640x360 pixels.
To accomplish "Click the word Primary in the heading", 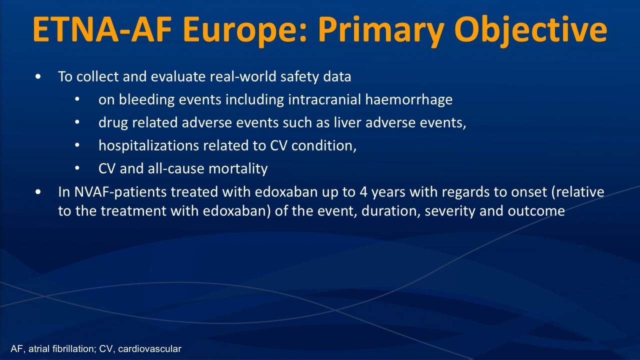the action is [381, 31].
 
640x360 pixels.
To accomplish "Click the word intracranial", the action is [324, 99].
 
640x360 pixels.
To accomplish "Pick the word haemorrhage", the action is [409, 100].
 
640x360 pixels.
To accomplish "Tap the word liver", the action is [347, 122].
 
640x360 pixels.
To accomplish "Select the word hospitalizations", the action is [148, 146].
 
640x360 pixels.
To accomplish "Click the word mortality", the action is [238, 169].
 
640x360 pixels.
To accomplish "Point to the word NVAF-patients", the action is [120, 192].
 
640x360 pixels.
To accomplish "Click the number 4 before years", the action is [363, 192].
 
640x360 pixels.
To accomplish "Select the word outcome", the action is [536, 211].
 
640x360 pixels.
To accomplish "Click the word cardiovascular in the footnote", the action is [149, 349].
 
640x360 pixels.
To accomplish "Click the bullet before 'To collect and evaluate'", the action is [38, 77].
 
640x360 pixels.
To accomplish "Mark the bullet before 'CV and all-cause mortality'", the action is [77, 168].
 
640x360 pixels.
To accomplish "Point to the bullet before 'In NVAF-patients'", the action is [38, 192].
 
